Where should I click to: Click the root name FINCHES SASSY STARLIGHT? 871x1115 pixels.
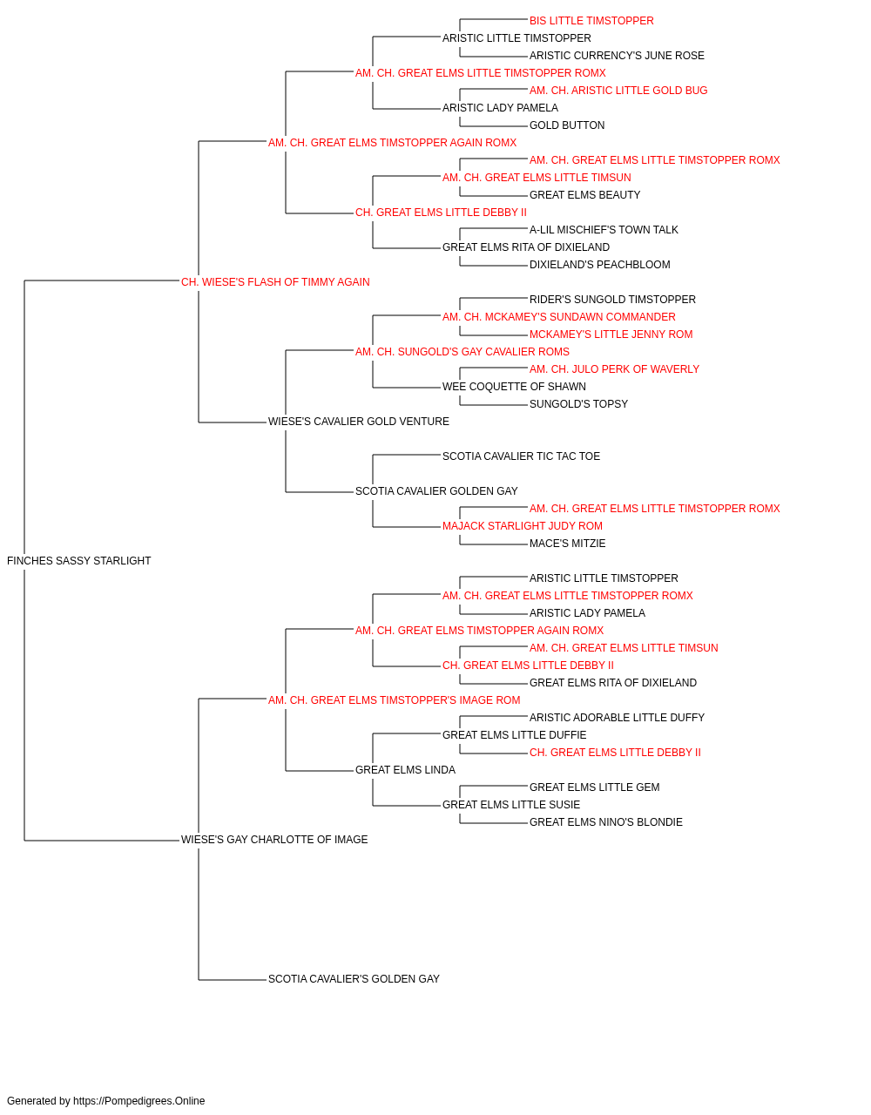tap(79, 561)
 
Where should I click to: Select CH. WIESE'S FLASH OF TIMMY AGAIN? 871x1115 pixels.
tap(275, 282)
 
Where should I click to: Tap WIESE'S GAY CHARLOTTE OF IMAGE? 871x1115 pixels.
tap(274, 840)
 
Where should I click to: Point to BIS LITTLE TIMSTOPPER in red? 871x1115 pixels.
tap(591, 21)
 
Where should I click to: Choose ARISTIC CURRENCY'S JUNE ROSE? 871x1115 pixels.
tap(617, 56)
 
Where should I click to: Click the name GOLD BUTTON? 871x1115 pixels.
tap(567, 125)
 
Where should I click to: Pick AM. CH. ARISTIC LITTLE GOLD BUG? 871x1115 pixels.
tap(618, 91)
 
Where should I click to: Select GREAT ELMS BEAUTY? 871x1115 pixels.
tap(584, 195)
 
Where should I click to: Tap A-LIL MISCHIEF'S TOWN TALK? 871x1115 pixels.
tap(604, 230)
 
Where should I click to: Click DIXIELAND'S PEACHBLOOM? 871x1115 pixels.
tap(599, 265)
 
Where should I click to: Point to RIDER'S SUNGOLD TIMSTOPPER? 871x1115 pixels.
tap(612, 300)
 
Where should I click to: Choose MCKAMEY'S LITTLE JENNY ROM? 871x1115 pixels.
tap(611, 334)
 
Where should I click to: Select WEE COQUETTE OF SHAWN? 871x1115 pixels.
tap(514, 387)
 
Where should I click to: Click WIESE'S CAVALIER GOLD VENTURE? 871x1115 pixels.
tap(359, 422)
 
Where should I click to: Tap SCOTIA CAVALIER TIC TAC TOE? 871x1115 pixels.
tap(521, 456)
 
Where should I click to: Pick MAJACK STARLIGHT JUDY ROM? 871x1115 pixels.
tap(523, 526)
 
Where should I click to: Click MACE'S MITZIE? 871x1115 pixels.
tap(567, 544)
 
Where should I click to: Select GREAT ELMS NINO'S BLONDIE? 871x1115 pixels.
tap(606, 822)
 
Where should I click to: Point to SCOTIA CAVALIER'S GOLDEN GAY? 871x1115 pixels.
tap(354, 979)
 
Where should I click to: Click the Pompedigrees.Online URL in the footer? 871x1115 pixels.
tap(139, 1101)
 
